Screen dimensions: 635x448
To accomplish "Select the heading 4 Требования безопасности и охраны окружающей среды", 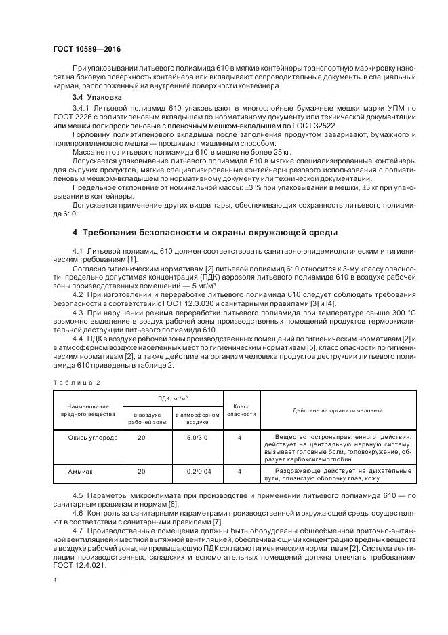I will pyautogui.click(x=205, y=233).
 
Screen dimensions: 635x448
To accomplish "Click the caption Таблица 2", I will pyautogui.click(x=76, y=383).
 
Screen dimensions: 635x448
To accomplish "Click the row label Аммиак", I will pyautogui.click(x=80, y=470).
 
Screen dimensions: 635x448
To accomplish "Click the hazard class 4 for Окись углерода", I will pyautogui.click(x=240, y=438).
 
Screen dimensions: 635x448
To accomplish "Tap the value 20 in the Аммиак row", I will pyautogui.click(x=142, y=470).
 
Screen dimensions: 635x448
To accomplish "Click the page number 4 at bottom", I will pyautogui.click(x=54, y=580).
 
